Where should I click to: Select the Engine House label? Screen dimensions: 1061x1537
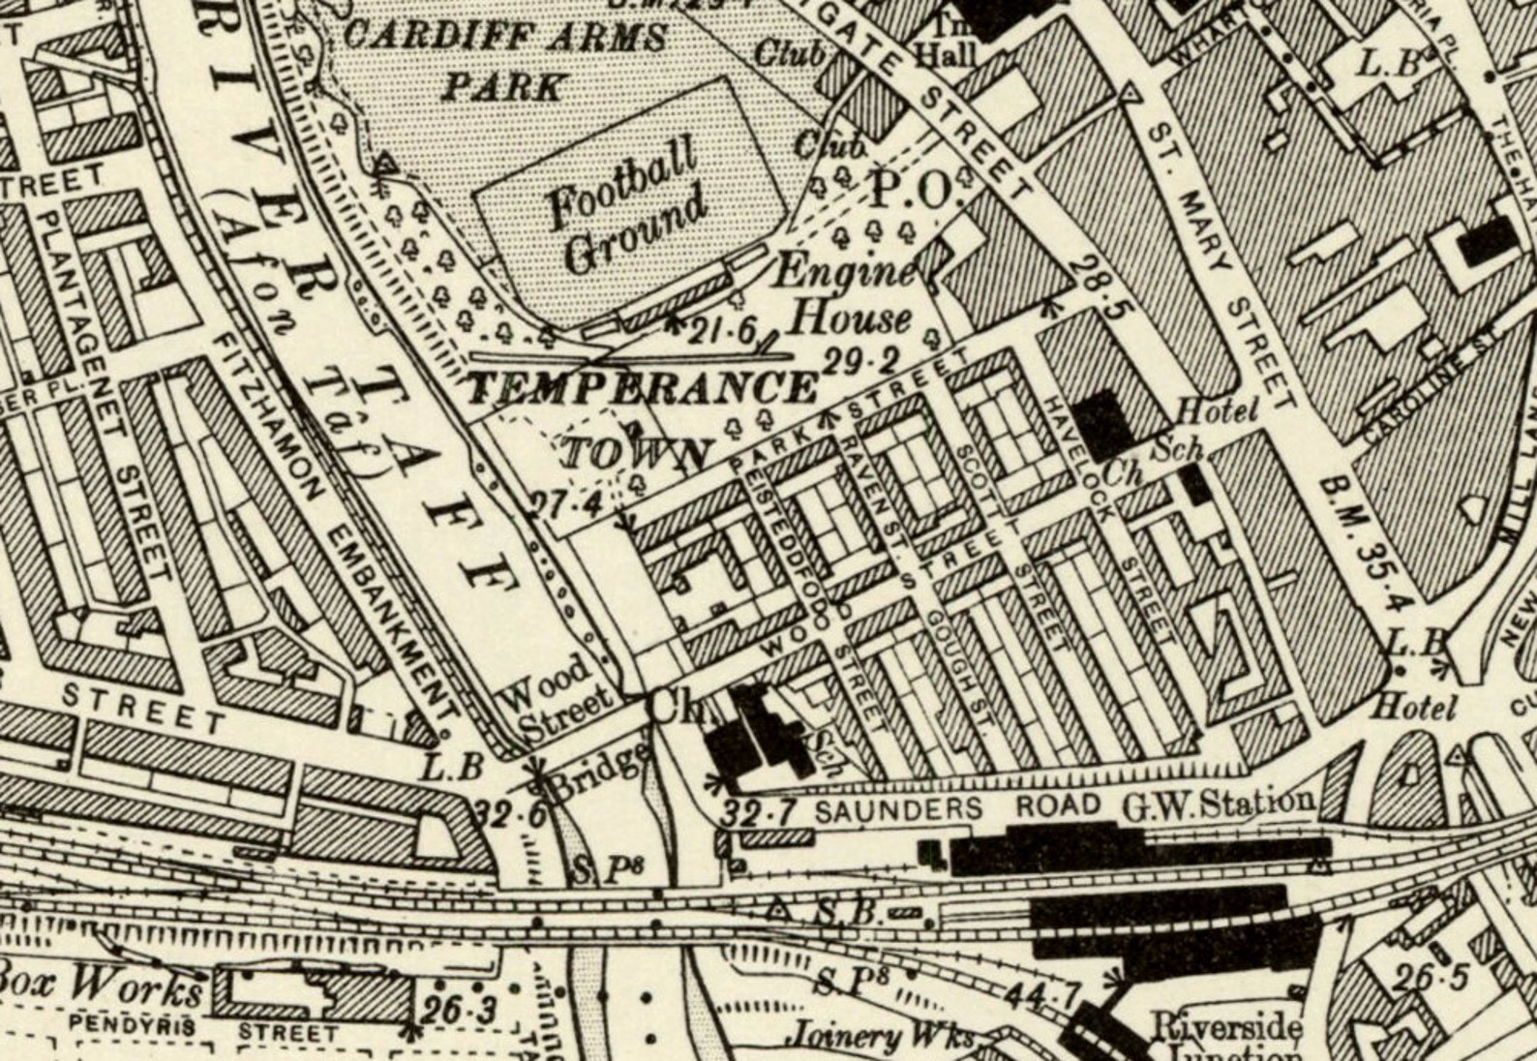(844, 293)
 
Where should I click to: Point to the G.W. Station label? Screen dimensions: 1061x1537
(1218, 803)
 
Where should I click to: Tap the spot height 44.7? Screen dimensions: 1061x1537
(1041, 993)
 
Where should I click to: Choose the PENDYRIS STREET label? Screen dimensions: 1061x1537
(203, 1029)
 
